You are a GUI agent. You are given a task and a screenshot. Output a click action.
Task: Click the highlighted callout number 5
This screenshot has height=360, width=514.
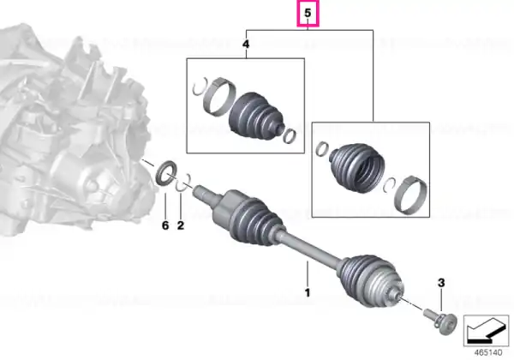(x=308, y=13)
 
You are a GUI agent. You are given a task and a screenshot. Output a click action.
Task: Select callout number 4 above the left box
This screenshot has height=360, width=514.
(x=246, y=44)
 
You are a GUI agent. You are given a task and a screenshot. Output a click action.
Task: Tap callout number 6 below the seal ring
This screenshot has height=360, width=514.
(x=165, y=225)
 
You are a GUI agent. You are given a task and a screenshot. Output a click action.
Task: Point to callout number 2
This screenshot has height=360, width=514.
(x=180, y=225)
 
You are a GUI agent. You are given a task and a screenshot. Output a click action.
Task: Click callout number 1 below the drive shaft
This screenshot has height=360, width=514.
(x=308, y=292)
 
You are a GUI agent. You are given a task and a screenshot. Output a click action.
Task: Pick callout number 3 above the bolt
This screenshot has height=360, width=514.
(x=441, y=283)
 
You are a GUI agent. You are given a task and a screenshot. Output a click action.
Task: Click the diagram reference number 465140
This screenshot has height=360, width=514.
(x=488, y=353)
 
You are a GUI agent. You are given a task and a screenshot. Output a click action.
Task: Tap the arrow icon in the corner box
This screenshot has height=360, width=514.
(x=486, y=331)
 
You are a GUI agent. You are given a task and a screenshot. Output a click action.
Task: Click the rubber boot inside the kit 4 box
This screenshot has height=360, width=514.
(x=255, y=115)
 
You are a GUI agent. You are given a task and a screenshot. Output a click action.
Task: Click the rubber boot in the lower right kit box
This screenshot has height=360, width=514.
(x=356, y=167)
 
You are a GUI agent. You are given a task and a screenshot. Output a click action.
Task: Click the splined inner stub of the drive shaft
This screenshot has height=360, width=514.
(x=203, y=194)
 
